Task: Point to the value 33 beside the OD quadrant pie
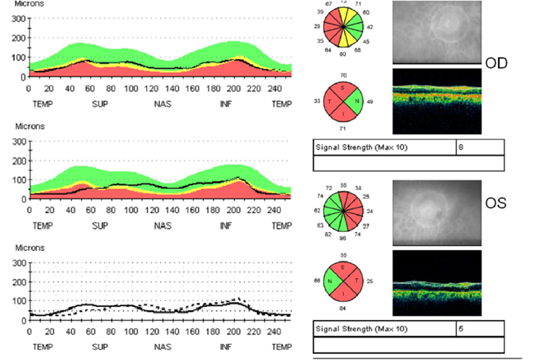316,101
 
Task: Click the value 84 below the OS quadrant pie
344,308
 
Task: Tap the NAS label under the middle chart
163,226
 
